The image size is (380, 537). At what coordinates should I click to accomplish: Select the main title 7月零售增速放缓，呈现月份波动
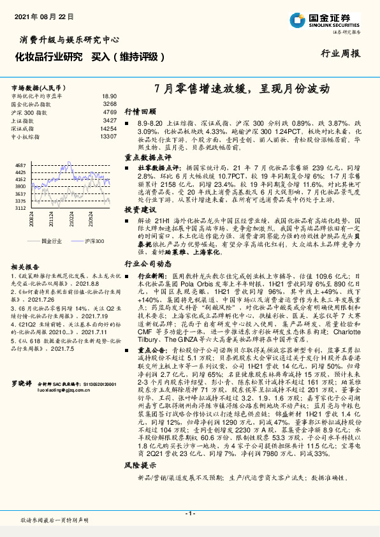(243, 90)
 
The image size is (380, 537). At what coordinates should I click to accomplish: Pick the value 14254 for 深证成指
(108, 128)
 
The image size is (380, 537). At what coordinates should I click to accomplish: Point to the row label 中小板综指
(26, 136)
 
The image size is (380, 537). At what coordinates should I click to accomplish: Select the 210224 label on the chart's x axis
(74, 220)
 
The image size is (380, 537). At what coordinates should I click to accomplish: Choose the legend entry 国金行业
(50, 242)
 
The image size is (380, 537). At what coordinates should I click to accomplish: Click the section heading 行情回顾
(140, 110)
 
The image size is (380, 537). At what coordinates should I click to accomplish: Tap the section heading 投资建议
(140, 209)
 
